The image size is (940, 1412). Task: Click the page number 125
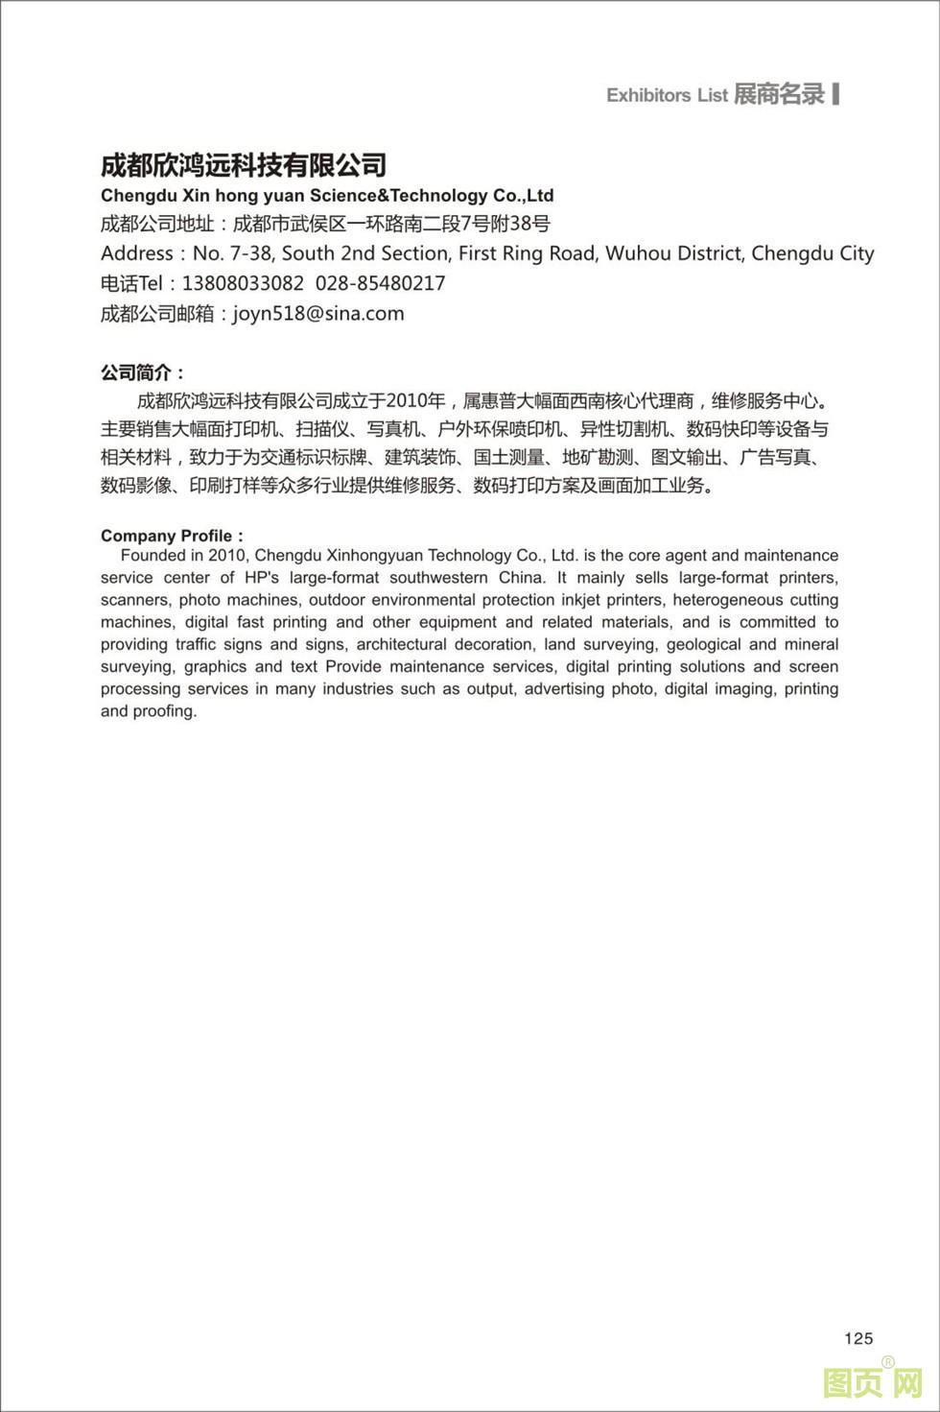[858, 1338]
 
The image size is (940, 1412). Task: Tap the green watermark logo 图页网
[872, 1382]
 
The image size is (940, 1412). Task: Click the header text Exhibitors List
[667, 95]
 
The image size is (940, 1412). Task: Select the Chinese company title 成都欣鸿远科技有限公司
[244, 165]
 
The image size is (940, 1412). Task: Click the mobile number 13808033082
[243, 283]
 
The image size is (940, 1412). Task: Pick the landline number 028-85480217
[380, 283]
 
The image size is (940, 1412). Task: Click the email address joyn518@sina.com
[318, 313]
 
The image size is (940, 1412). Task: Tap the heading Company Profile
[167, 536]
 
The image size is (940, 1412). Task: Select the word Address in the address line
[137, 253]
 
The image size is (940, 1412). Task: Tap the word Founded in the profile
[153, 555]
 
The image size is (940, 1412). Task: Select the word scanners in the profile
[135, 599]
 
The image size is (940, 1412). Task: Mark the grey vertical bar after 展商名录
[836, 93]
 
